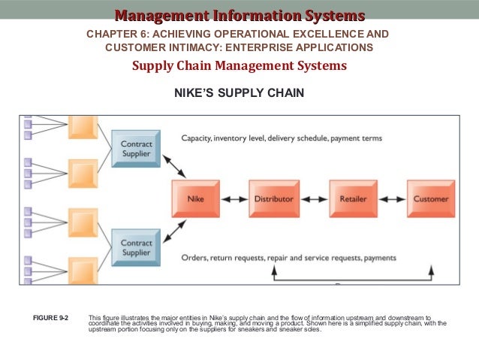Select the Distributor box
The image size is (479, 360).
coord(273,199)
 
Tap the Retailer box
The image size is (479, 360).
coord(352,199)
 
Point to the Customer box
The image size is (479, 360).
coord(431,199)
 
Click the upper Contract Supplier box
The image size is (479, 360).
coord(136,148)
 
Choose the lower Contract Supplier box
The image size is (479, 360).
coord(136,247)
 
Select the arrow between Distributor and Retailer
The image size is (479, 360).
coord(313,199)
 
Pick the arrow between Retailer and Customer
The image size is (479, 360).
coord(391,199)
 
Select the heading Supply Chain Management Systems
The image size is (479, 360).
coord(239,65)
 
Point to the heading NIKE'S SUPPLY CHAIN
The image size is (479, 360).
coord(239,94)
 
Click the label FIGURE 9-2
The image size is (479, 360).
coord(51,319)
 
